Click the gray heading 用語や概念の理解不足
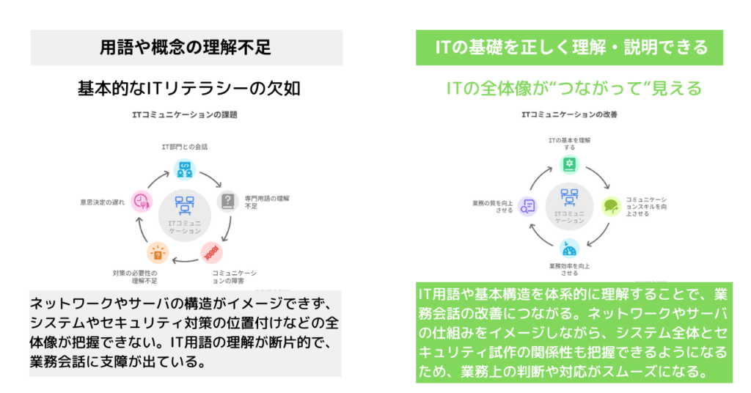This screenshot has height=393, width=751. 186,48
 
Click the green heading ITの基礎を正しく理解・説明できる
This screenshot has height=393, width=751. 571,48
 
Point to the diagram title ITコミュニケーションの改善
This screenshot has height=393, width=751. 569,115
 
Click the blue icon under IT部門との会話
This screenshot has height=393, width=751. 183,169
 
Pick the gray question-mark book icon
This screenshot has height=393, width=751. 230,200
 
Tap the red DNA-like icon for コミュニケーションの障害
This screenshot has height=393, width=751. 212,252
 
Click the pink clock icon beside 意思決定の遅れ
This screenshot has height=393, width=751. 140,202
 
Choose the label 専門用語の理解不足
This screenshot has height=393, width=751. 266,202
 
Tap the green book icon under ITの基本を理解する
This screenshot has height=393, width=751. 568,164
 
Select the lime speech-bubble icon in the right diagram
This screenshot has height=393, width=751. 611,206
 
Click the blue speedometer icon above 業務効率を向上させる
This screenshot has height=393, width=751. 569,247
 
